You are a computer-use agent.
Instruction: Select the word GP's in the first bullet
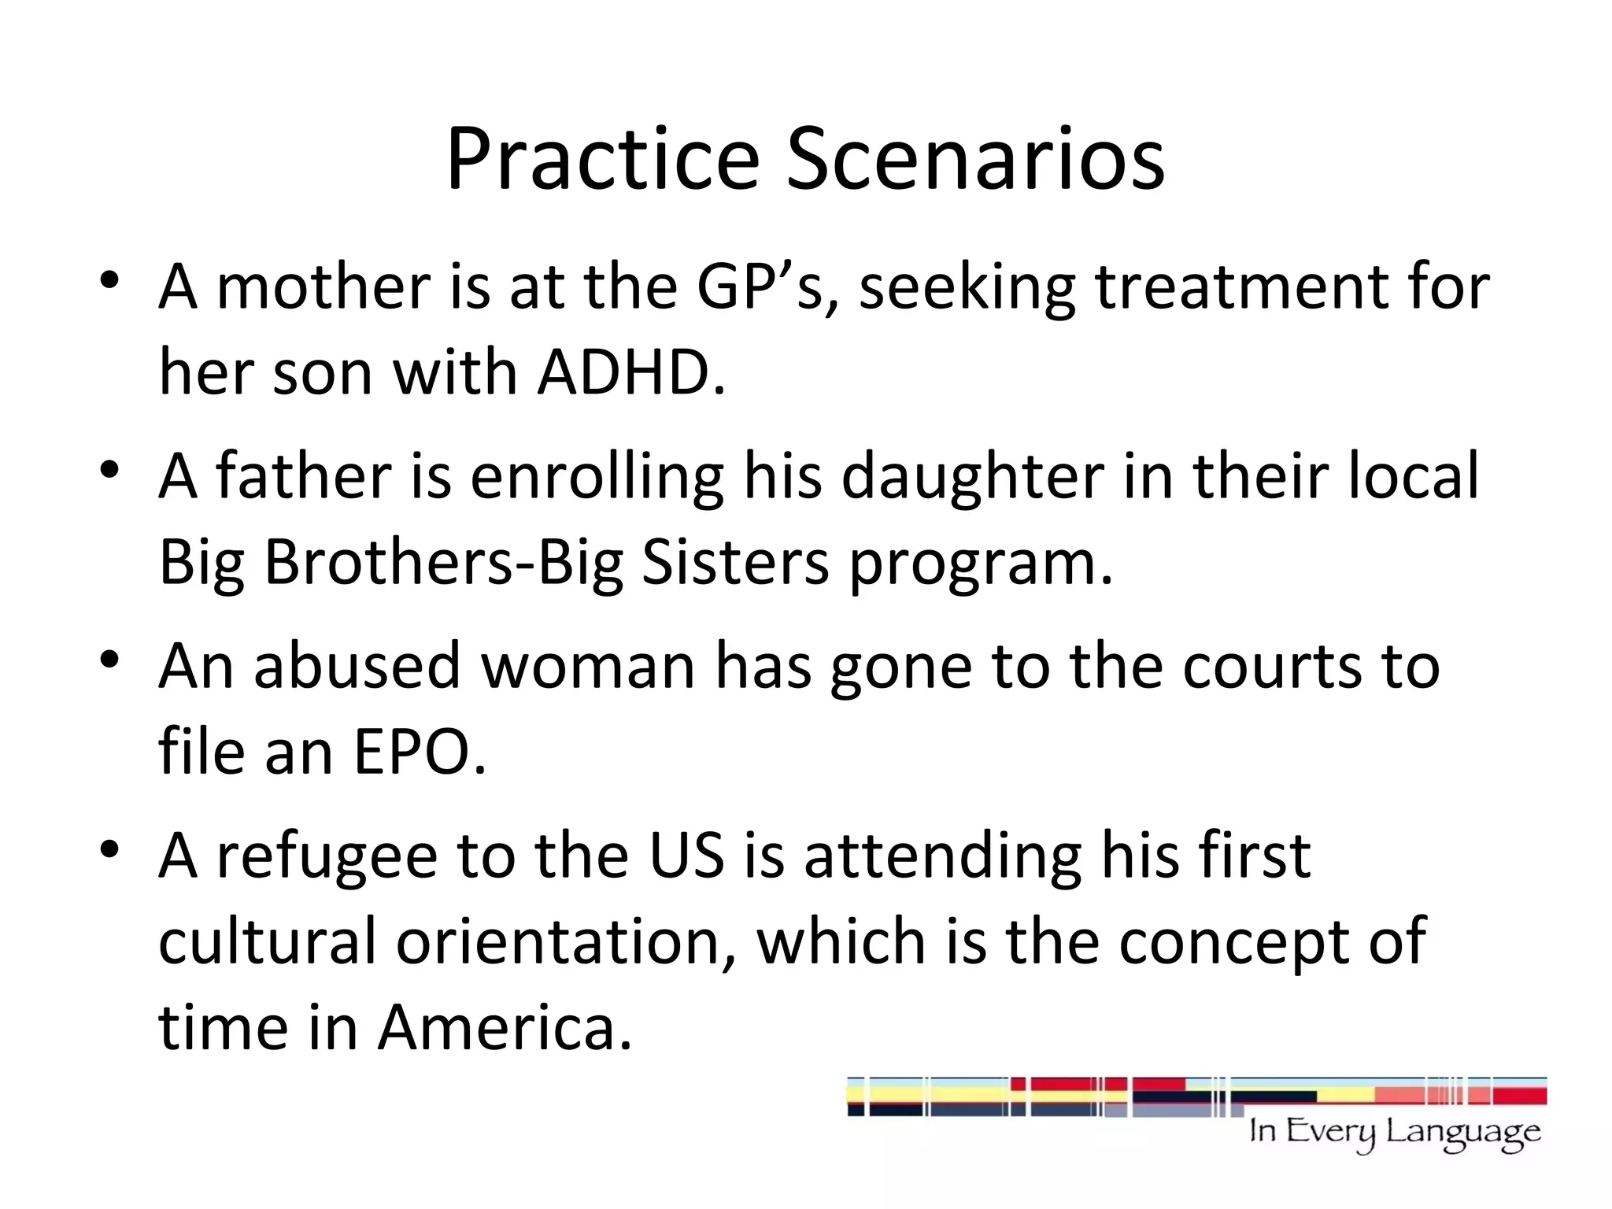pyautogui.click(x=767, y=287)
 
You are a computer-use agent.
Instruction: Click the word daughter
pyautogui.click(x=973, y=477)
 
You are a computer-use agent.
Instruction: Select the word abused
pyautogui.click(x=357, y=666)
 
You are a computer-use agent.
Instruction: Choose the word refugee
pyautogui.click(x=326, y=856)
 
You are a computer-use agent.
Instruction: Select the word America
pyautogui.click(x=504, y=1028)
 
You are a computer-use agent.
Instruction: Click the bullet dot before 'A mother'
pyautogui.click(x=109, y=281)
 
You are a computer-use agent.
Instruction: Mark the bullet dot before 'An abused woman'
pyautogui.click(x=109, y=660)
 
